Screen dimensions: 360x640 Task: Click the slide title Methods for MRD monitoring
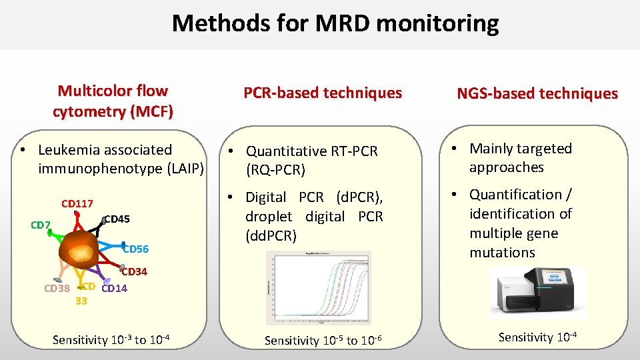pyautogui.click(x=335, y=23)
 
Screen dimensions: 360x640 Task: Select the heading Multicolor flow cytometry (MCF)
pyautogui.click(x=113, y=101)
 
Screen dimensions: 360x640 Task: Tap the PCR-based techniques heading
pyautogui.click(x=323, y=93)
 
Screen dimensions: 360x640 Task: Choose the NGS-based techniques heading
pyautogui.click(x=537, y=94)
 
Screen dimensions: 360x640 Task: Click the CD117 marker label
pyautogui.click(x=77, y=203)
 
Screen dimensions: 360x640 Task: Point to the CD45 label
pyautogui.click(x=117, y=219)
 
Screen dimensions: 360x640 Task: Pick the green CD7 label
pyautogui.click(x=41, y=225)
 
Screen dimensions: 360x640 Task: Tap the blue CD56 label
pyautogui.click(x=136, y=249)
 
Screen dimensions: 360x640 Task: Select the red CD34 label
pyautogui.click(x=133, y=271)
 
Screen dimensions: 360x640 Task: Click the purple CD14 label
pyautogui.click(x=114, y=289)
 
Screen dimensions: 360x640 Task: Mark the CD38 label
pyautogui.click(x=57, y=289)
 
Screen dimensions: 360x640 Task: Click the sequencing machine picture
pyautogui.click(x=539, y=291)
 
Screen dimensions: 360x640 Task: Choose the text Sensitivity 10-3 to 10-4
pyautogui.click(x=111, y=340)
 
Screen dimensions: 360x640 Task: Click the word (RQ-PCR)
pyautogui.click(x=275, y=171)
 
